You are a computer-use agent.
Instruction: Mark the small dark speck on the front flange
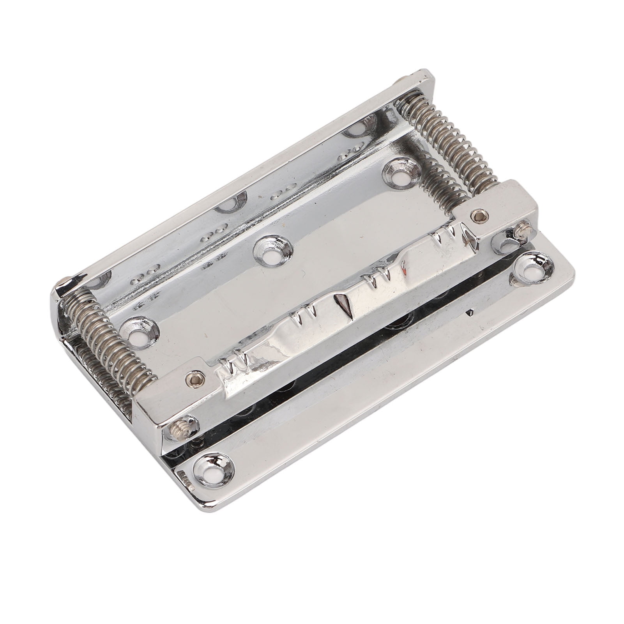click(x=471, y=312)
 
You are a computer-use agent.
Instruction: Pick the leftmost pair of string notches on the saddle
click(x=232, y=366)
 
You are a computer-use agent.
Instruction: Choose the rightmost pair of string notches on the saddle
click(x=447, y=238)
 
